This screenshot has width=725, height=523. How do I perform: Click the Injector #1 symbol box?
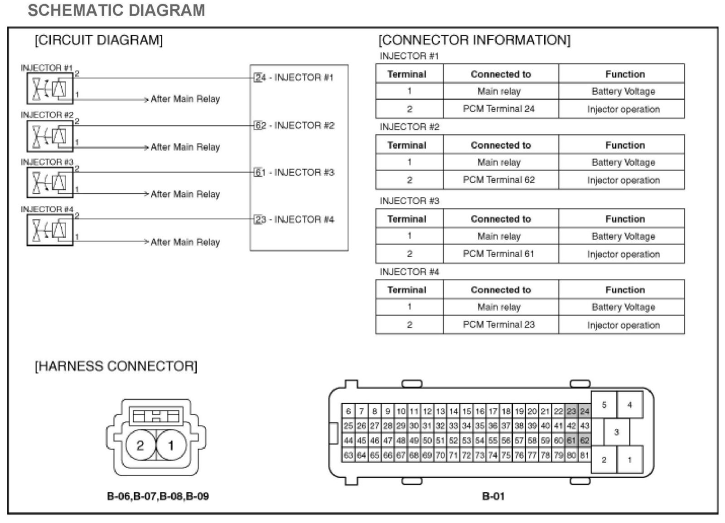[x=50, y=88]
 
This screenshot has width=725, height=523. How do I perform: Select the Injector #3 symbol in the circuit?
[x=50, y=182]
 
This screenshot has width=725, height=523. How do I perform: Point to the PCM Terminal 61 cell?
[x=499, y=254]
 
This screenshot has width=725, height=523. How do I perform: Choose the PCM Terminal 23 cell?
[x=499, y=325]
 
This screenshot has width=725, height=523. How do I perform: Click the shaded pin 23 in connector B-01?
[x=571, y=411]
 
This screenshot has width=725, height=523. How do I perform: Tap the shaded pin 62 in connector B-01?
[x=585, y=440]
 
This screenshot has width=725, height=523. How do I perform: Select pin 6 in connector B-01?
[x=348, y=411]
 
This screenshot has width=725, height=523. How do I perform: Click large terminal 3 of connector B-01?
[x=616, y=432]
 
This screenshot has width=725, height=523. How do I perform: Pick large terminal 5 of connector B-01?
[x=604, y=405]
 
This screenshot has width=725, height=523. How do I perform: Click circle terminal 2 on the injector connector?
[x=140, y=445]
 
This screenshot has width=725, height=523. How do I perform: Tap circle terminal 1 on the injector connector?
[x=171, y=445]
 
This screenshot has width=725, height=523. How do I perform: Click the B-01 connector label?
[x=493, y=496]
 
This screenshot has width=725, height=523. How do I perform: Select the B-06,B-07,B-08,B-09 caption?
[x=158, y=496]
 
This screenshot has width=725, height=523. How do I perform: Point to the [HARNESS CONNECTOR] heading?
[x=116, y=366]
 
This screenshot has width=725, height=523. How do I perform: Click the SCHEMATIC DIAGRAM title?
[x=116, y=10]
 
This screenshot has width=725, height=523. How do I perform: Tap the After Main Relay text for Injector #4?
[x=185, y=242]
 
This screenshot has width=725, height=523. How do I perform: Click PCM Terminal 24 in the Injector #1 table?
[x=499, y=109]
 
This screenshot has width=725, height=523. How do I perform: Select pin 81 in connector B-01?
[x=585, y=455]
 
